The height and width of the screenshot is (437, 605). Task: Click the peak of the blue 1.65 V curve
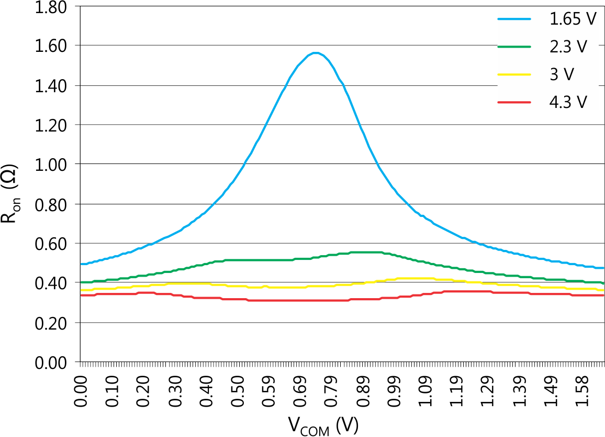(315, 53)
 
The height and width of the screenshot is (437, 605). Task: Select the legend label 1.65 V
(573, 19)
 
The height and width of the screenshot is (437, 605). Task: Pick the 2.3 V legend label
(568, 47)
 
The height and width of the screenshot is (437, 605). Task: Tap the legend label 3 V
(562, 74)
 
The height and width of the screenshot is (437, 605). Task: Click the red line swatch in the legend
(514, 102)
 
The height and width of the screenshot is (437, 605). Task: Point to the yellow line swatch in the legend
(514, 74)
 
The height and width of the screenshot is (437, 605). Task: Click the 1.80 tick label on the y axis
(51, 7)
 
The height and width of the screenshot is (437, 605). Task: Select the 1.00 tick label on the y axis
(51, 165)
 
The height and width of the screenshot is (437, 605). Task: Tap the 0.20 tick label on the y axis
(51, 323)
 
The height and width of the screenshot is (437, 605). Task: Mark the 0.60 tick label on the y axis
(51, 244)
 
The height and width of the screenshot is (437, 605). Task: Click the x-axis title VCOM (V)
(322, 426)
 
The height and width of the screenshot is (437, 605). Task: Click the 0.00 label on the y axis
(51, 362)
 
